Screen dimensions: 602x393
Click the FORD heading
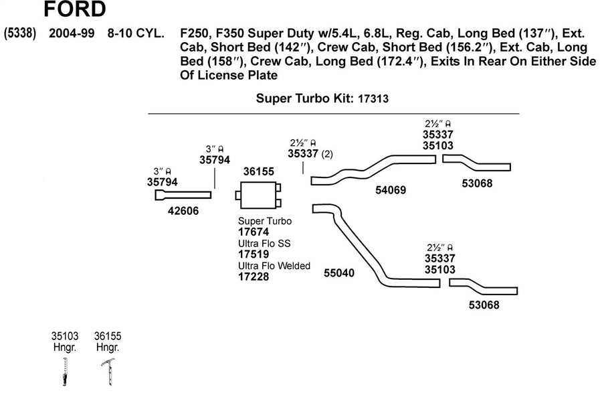tap(74, 9)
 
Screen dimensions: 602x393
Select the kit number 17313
tap(373, 98)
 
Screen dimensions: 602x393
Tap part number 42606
tap(183, 210)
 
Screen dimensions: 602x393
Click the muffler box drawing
tap(258, 195)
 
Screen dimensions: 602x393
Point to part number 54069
tap(391, 189)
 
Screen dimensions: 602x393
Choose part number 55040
tap(339, 272)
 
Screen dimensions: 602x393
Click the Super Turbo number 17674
tap(254, 232)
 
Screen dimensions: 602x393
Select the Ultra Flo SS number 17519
tap(254, 254)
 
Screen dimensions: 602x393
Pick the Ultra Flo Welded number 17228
tap(254, 277)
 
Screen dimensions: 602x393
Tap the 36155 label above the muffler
tap(259, 171)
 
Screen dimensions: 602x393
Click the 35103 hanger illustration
tap(65, 371)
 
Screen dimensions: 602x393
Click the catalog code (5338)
tap(20, 33)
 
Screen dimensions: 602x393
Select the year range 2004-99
tap(72, 33)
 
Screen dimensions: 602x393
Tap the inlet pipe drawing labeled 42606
tap(183, 195)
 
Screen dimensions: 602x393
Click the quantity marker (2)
tap(327, 154)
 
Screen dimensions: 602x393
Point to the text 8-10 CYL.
tap(136, 33)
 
